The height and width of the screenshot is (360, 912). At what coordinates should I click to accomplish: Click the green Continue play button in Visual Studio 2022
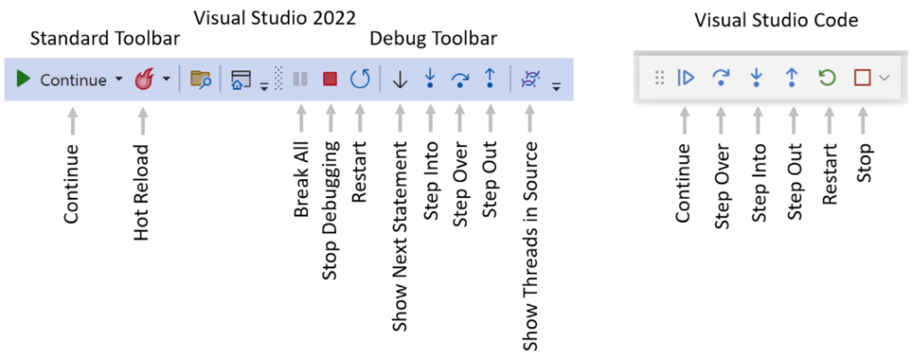pyautogui.click(x=24, y=79)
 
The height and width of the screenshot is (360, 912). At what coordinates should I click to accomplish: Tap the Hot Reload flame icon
pyautogui.click(x=143, y=79)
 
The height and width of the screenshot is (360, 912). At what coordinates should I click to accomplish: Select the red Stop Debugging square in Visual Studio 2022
pyautogui.click(x=330, y=79)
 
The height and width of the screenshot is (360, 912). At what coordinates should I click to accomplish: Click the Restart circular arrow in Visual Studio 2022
pyautogui.click(x=360, y=79)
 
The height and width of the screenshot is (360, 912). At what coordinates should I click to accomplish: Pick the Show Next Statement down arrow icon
pyautogui.click(x=400, y=79)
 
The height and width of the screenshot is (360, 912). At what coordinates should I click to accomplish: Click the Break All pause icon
pyautogui.click(x=301, y=79)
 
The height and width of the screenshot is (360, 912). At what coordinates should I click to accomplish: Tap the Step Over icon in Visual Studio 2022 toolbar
pyautogui.click(x=460, y=79)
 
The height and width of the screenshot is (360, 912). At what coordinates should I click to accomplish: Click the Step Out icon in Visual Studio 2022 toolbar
pyautogui.click(x=489, y=79)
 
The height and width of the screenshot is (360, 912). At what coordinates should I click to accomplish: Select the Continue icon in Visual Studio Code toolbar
pyautogui.click(x=685, y=78)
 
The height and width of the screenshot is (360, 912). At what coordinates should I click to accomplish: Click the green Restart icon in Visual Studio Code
pyautogui.click(x=827, y=78)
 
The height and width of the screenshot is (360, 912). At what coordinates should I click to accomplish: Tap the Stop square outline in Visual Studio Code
pyautogui.click(x=861, y=78)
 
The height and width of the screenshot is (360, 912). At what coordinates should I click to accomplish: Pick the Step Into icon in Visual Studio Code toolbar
pyautogui.click(x=756, y=78)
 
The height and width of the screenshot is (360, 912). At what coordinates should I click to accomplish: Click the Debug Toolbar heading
pyautogui.click(x=434, y=39)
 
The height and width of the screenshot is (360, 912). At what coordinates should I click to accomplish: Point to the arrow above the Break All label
pyautogui.click(x=301, y=118)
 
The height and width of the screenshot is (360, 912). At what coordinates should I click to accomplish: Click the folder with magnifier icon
pyautogui.click(x=200, y=79)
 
